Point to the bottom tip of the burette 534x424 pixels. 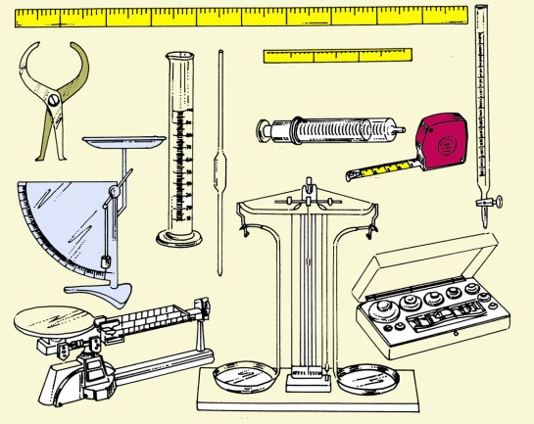[484, 225]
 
